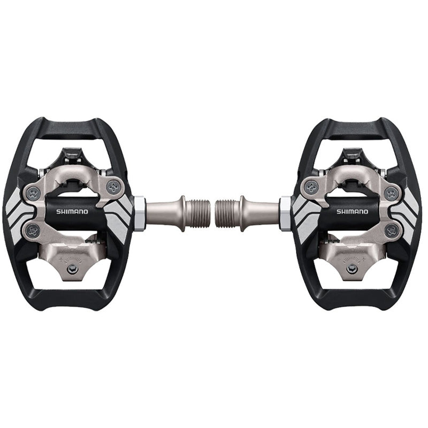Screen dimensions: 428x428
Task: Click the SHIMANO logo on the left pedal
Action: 73,211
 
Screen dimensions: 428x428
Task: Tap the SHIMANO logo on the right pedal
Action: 352,211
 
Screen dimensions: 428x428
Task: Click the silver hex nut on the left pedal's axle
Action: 138,213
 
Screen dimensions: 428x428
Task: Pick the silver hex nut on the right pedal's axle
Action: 286,213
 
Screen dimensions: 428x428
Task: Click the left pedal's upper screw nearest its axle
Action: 113,187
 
